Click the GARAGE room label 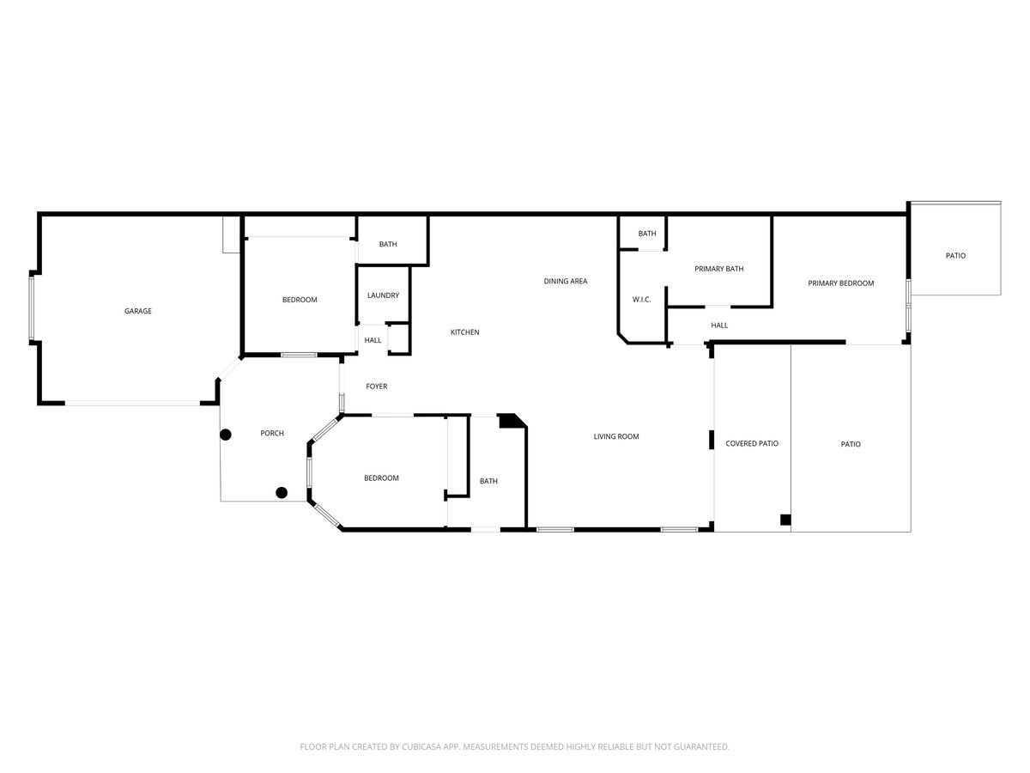138,311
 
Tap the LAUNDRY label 383,295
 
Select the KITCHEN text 465,332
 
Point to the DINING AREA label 566,281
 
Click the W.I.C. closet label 641,300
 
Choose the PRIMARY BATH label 719,269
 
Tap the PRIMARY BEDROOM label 841,283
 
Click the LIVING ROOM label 616,436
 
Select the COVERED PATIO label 752,443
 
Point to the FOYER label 377,386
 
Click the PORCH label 272,433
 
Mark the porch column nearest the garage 226,435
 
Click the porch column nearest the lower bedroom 282,492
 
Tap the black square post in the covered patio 785,519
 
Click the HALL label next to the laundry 373,340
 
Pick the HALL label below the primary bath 719,326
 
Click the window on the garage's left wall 33,307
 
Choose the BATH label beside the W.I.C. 647,234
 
